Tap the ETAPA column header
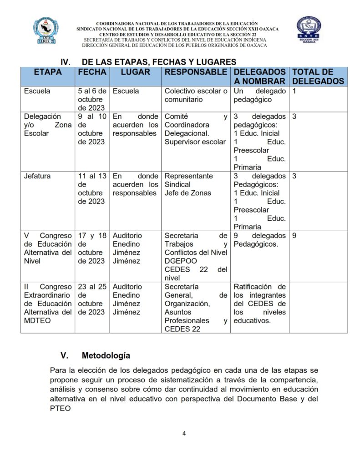[47, 72]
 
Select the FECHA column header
[92, 72]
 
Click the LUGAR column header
[135, 72]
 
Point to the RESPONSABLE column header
[196, 72]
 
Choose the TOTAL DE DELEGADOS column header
[318, 76]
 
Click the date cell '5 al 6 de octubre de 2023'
[92, 99]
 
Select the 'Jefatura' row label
[37, 176]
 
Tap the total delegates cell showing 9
[294, 236]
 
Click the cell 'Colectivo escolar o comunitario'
[196, 95]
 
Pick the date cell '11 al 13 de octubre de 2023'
[92, 189]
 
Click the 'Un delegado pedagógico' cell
[259, 95]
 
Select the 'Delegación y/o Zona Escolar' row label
[47, 125]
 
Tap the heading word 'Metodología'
[106, 355]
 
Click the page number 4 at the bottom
[184, 433]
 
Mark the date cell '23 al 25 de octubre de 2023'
[92, 299]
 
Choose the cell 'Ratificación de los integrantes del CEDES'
[259, 304]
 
